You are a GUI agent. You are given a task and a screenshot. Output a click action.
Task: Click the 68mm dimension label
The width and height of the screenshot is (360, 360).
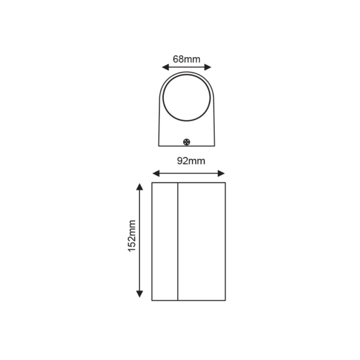[186, 59]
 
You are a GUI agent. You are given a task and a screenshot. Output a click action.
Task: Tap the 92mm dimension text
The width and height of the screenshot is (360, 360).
[190, 161]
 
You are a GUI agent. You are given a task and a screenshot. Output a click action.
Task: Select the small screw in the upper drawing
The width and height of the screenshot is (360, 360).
[187, 142]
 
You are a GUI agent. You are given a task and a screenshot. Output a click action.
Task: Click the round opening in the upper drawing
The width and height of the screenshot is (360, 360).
[187, 98]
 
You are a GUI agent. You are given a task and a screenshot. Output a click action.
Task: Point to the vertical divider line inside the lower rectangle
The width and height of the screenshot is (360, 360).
[178, 240]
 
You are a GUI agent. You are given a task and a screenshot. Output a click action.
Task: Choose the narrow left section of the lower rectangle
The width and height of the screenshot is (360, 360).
[165, 240]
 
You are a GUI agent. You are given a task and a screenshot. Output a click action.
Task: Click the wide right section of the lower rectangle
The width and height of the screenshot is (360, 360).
[201, 240]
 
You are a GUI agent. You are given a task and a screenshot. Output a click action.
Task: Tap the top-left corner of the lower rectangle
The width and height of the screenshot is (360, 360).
[152, 182]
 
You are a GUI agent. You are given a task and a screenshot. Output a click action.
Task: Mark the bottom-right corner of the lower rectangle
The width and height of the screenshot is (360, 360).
[225, 299]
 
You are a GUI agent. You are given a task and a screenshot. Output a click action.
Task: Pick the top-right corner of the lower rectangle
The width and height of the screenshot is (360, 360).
[225, 182]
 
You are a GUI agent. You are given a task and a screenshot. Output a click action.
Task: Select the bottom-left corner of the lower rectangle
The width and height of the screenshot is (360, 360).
[152, 299]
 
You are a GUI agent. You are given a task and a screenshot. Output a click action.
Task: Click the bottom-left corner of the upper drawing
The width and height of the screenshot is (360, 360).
[158, 146]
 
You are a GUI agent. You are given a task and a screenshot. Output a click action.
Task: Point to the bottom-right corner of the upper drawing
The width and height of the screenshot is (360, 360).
[214, 146]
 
